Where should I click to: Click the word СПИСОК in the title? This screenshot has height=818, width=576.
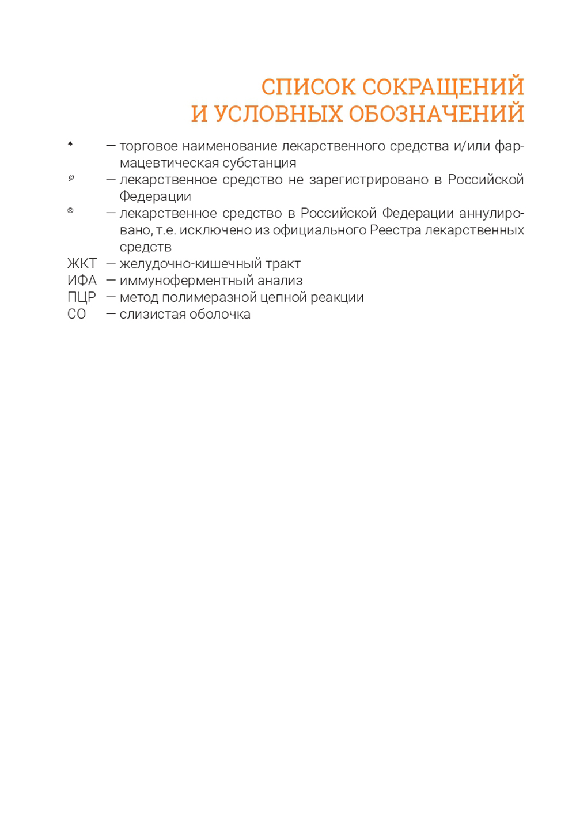pos(308,87)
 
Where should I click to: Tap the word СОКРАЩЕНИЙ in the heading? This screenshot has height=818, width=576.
pos(443,87)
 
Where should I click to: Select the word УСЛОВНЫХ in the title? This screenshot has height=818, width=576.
pos(278,114)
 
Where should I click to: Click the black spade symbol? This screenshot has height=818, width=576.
pos(70,143)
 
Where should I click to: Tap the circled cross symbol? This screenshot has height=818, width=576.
pos(70,210)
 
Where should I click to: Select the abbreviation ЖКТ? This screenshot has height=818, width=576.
pos(82,264)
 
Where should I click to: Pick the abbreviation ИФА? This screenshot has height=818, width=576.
pos(82,281)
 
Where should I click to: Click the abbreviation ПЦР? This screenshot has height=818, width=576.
pos(81,297)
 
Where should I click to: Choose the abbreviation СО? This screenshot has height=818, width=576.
pos(77,314)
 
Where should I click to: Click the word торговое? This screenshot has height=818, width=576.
pos(149,146)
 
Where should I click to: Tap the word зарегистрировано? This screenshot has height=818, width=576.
pos(369,180)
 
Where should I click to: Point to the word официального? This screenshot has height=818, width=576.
pos(319,230)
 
